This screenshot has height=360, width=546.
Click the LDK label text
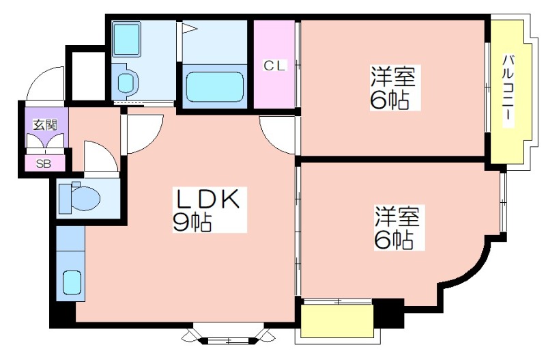coord(209,199)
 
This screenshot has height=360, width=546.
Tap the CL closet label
coord(275,65)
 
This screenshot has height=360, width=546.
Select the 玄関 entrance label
coord(45,124)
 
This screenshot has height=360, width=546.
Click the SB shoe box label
coord(44,163)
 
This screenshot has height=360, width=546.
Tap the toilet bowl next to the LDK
coord(81,197)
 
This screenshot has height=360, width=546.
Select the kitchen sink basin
coord(72,283)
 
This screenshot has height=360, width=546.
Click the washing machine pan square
coord(126,39)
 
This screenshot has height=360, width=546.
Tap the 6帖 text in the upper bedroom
coord(389,100)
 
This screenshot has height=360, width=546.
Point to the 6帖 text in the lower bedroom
coord(394,240)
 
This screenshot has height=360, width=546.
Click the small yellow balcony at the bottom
coord(336,320)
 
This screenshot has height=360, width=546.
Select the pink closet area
coord(274,64)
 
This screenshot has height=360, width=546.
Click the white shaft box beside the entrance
coord(86,76)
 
